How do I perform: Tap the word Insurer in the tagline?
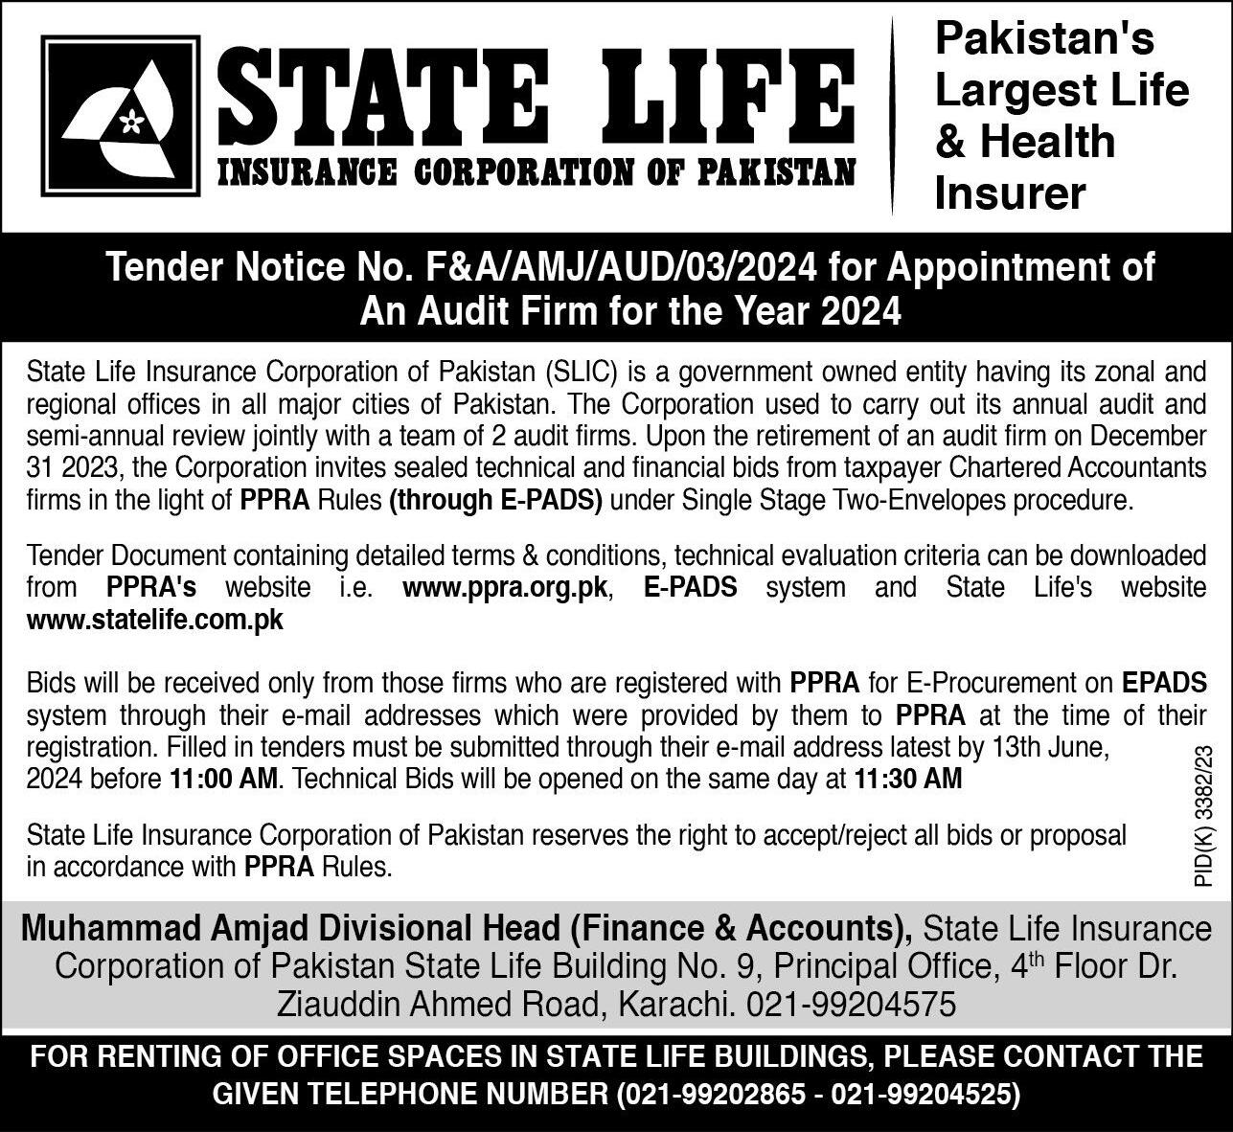(x=1010, y=193)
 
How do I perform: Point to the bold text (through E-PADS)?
(x=495, y=501)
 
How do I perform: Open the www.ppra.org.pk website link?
(x=505, y=587)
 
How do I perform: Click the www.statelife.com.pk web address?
(x=155, y=620)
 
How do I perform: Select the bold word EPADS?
(x=1163, y=683)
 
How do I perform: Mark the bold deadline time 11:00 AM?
(x=224, y=780)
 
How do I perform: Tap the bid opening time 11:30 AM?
(x=907, y=780)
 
